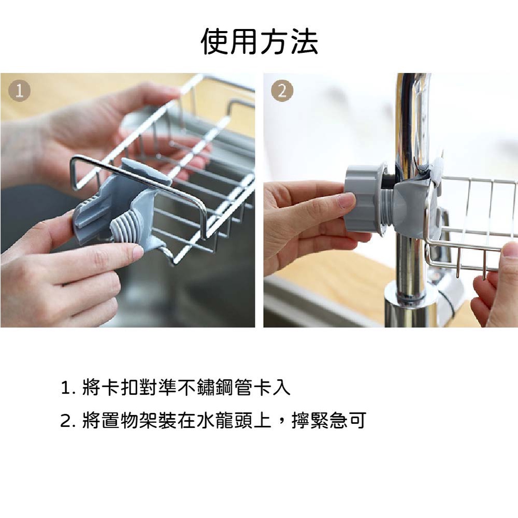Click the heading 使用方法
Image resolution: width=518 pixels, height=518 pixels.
coord(260,41)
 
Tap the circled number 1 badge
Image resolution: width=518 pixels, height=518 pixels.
coord(20,91)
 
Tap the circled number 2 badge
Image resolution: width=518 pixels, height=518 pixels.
coord(282,91)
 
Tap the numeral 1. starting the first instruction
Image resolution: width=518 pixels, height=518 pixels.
coord(69,387)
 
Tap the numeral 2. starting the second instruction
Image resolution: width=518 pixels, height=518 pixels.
coord(69,421)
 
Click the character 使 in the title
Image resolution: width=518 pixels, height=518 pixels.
coord(215,41)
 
